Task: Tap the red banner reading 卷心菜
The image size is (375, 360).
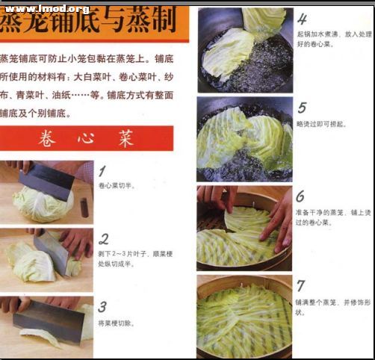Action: click(86, 138)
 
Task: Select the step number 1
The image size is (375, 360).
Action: click(102, 172)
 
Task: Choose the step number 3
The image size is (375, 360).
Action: click(102, 306)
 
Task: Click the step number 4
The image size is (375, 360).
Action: click(302, 19)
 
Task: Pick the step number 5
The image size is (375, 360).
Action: click(302, 108)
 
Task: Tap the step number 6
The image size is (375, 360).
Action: click(300, 196)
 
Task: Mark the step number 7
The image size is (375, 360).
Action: click(300, 285)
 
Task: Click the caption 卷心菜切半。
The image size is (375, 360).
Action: click(117, 184)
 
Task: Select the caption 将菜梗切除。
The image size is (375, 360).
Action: click(117, 323)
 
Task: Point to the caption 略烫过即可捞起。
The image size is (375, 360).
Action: click(321, 124)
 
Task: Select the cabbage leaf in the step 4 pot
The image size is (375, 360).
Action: click(232, 49)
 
